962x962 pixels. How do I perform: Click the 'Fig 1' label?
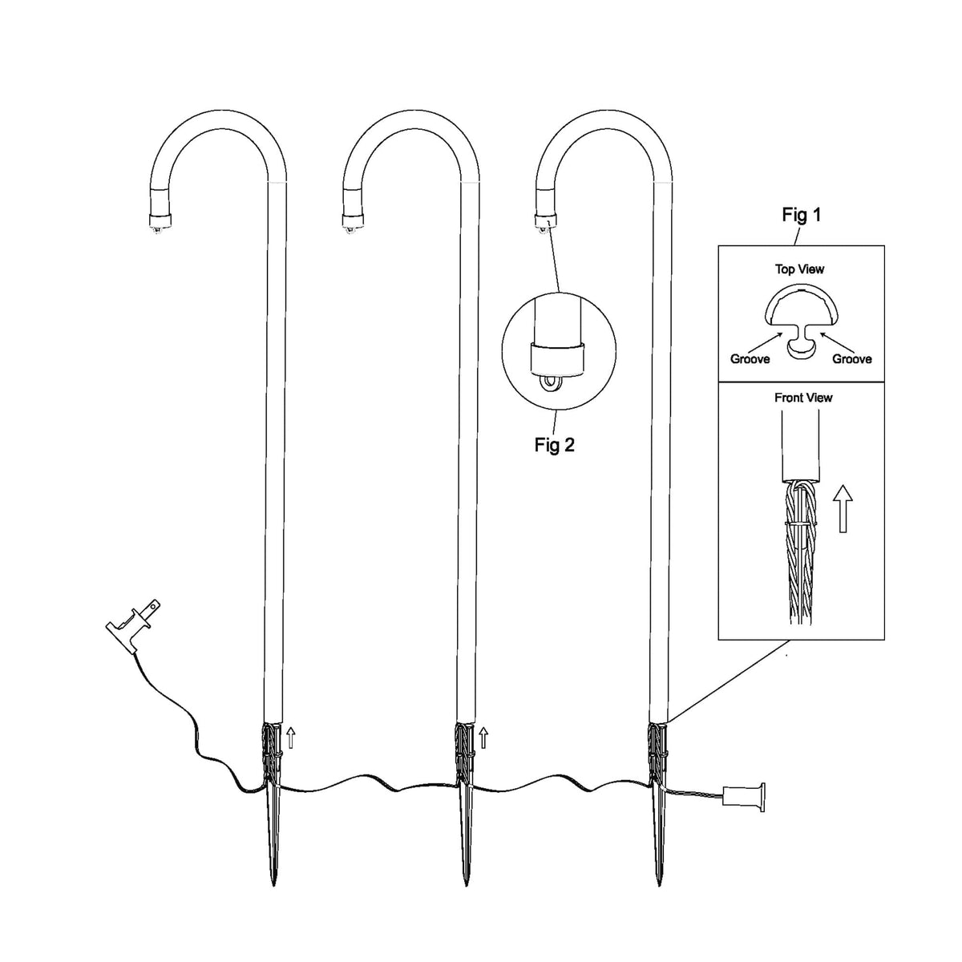pos(801,215)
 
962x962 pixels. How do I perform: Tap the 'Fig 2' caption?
pos(554,444)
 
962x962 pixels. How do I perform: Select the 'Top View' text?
pos(799,269)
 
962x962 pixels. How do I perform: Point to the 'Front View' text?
pos(803,398)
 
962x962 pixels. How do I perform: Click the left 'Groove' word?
pos(750,359)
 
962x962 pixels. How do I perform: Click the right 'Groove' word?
pos(851,359)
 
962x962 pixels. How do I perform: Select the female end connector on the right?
pos(743,804)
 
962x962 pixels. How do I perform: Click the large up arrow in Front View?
pos(843,509)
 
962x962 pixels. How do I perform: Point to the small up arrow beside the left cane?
pos(291,738)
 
